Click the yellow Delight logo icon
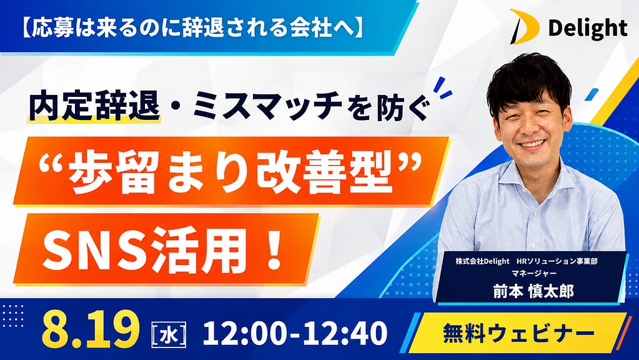click(524, 27)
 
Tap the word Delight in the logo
click(587, 29)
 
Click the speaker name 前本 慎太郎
click(533, 291)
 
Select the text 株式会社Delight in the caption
click(482, 261)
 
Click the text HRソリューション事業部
click(557, 261)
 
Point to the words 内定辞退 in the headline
click(94, 107)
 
